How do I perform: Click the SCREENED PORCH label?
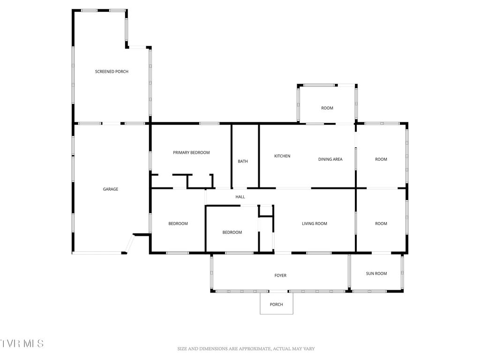point(112,72)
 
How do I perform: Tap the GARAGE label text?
point(111,189)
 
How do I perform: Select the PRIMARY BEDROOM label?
point(191,153)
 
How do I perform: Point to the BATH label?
point(243,161)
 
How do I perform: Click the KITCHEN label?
point(282,156)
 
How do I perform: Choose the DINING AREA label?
point(330,159)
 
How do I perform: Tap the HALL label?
point(240,197)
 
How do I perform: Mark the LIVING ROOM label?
point(315,224)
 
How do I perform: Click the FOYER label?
point(280,276)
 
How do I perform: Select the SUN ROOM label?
point(376,273)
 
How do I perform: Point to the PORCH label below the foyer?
point(277,305)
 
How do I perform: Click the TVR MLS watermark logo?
point(22,343)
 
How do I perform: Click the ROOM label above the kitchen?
point(327,108)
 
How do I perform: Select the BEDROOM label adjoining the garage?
point(178,224)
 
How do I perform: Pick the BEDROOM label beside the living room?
point(232,232)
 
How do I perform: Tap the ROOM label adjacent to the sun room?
point(381,224)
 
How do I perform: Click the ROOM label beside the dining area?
point(381,159)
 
